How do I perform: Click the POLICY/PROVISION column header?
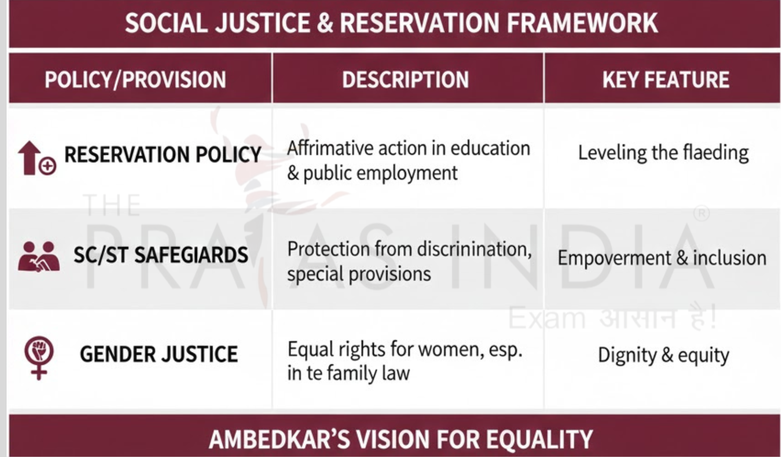click(x=135, y=80)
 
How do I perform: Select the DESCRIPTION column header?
click(x=405, y=80)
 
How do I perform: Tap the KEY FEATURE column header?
click(x=665, y=80)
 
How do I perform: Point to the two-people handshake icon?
click(x=38, y=256)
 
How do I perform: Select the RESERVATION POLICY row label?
click(x=163, y=154)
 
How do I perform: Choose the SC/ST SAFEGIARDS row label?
click(x=161, y=255)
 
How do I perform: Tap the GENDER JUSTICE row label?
click(x=159, y=354)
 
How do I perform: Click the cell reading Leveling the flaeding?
click(x=663, y=153)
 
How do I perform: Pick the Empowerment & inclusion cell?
click(x=662, y=258)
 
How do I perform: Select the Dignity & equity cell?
click(x=663, y=355)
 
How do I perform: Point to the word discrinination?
click(x=474, y=250)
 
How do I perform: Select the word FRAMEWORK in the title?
click(x=582, y=23)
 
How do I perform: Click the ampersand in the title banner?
click(x=325, y=23)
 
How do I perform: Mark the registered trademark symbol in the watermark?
click(x=701, y=214)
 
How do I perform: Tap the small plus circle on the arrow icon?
click(x=47, y=166)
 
